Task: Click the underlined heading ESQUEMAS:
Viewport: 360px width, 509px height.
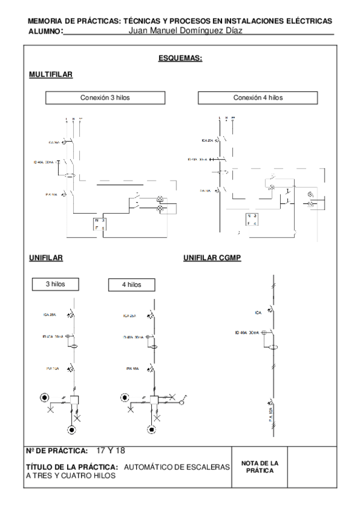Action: (180, 58)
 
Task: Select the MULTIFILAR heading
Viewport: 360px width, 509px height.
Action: (51, 74)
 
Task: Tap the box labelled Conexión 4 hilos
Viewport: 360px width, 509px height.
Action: (258, 97)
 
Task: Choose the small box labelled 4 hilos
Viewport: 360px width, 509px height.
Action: (132, 284)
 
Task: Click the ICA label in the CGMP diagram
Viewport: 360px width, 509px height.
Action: (258, 312)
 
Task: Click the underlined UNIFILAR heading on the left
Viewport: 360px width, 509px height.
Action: (46, 258)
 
